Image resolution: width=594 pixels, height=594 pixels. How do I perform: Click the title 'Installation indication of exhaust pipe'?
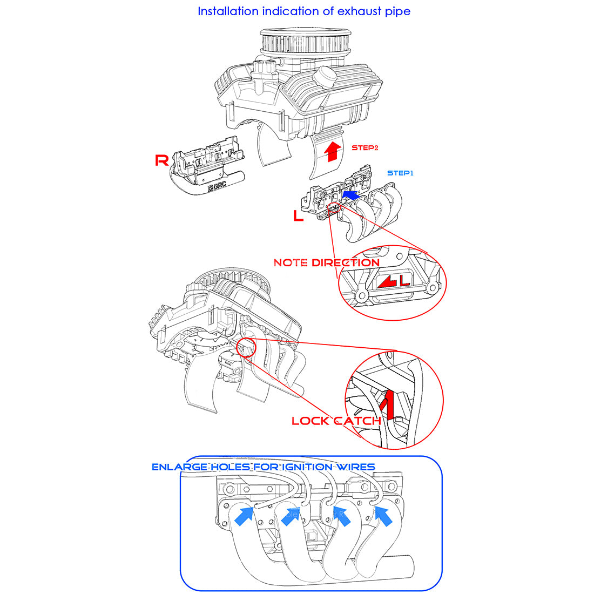(x=303, y=11)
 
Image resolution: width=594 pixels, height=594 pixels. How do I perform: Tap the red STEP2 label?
(x=365, y=147)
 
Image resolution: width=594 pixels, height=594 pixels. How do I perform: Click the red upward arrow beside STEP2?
(x=333, y=151)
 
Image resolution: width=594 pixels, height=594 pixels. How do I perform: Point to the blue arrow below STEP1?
(x=353, y=194)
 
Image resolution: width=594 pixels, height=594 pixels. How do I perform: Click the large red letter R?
(x=161, y=160)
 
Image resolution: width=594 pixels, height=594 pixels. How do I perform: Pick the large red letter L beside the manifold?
(x=298, y=216)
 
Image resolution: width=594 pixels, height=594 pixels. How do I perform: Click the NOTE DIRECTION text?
(x=326, y=263)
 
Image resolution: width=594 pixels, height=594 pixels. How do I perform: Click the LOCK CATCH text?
(x=336, y=421)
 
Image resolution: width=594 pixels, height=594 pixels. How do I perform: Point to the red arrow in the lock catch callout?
(x=387, y=405)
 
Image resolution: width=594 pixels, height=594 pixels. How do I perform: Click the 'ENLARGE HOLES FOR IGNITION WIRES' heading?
(x=263, y=467)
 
